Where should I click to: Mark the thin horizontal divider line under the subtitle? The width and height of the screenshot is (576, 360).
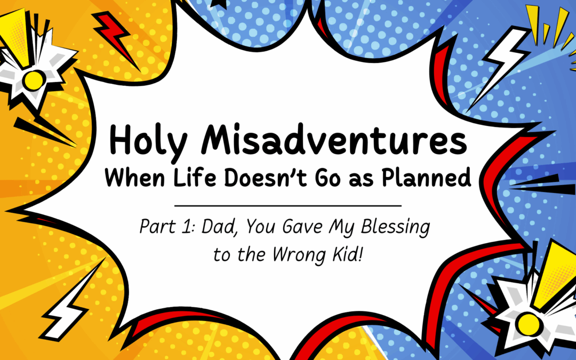click(x=288, y=205)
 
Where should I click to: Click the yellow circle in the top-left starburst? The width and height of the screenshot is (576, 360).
click(x=33, y=81)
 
